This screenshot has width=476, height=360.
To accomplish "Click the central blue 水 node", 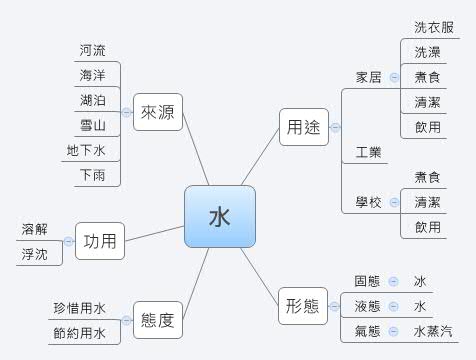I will (220, 216).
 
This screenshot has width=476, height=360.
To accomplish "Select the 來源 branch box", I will (157, 113).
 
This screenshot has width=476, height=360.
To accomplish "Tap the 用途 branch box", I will (303, 127).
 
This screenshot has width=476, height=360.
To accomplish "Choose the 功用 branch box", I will (100, 241).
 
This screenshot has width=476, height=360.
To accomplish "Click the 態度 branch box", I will (157, 321).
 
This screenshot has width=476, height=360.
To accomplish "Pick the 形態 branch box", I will (303, 305).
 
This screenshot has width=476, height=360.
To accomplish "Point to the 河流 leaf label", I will (93, 49).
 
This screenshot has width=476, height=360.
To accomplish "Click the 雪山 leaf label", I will (93, 125).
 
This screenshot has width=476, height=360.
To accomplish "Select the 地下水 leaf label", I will (86, 151).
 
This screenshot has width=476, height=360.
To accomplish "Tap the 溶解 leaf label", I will (34, 229).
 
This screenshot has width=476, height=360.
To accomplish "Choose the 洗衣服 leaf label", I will (433, 27).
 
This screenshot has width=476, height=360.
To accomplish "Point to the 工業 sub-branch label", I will (368, 152).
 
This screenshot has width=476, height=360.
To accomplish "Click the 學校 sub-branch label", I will (368, 202).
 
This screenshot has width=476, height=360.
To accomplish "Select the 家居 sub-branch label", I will (368, 77).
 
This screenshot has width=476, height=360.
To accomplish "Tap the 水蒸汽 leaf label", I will (432, 331).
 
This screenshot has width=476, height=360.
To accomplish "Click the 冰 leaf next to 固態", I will (420, 281).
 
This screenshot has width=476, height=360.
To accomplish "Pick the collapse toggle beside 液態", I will (393, 306).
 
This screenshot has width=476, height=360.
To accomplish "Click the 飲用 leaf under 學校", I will (427, 227).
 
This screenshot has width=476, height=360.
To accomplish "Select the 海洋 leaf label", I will (93, 75).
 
